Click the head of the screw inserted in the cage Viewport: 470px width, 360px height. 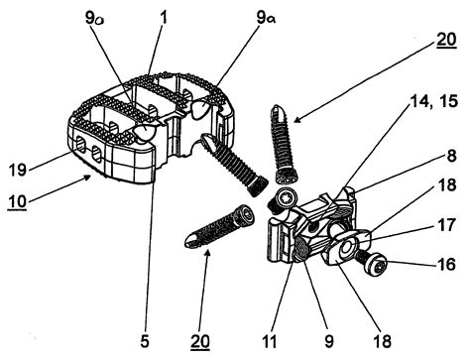[211, 143]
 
